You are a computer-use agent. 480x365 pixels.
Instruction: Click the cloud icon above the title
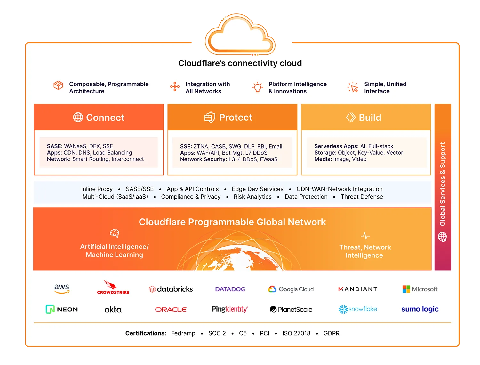(x=240, y=35)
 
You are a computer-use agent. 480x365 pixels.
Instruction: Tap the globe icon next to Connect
(x=78, y=118)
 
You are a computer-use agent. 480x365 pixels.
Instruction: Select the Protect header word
(x=236, y=118)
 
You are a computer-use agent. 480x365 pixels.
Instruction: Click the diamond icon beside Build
(x=351, y=117)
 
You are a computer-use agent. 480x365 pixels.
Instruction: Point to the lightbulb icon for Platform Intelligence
(x=258, y=87)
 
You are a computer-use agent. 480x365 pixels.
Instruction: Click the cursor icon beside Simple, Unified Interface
(x=353, y=87)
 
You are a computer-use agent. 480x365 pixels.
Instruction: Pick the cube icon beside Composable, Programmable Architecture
(x=58, y=85)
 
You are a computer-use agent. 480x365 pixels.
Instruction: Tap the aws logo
(x=62, y=288)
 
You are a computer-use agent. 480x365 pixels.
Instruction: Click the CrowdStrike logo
(x=113, y=288)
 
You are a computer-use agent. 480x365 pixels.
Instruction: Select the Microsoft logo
(x=420, y=289)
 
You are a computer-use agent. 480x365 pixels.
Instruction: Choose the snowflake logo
(x=358, y=309)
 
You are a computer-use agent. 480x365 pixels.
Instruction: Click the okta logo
(x=113, y=310)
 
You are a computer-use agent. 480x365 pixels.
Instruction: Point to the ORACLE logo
(x=171, y=310)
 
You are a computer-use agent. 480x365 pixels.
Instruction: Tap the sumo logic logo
(x=420, y=309)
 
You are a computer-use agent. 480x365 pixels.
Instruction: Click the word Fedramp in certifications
(x=183, y=333)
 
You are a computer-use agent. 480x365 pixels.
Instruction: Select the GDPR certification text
(x=331, y=333)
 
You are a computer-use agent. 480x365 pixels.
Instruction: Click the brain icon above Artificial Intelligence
(x=114, y=233)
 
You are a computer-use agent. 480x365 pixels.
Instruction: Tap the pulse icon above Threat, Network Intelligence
(x=365, y=236)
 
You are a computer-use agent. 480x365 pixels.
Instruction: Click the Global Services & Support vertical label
(x=443, y=184)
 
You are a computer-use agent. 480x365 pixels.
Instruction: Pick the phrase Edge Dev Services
(x=258, y=189)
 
